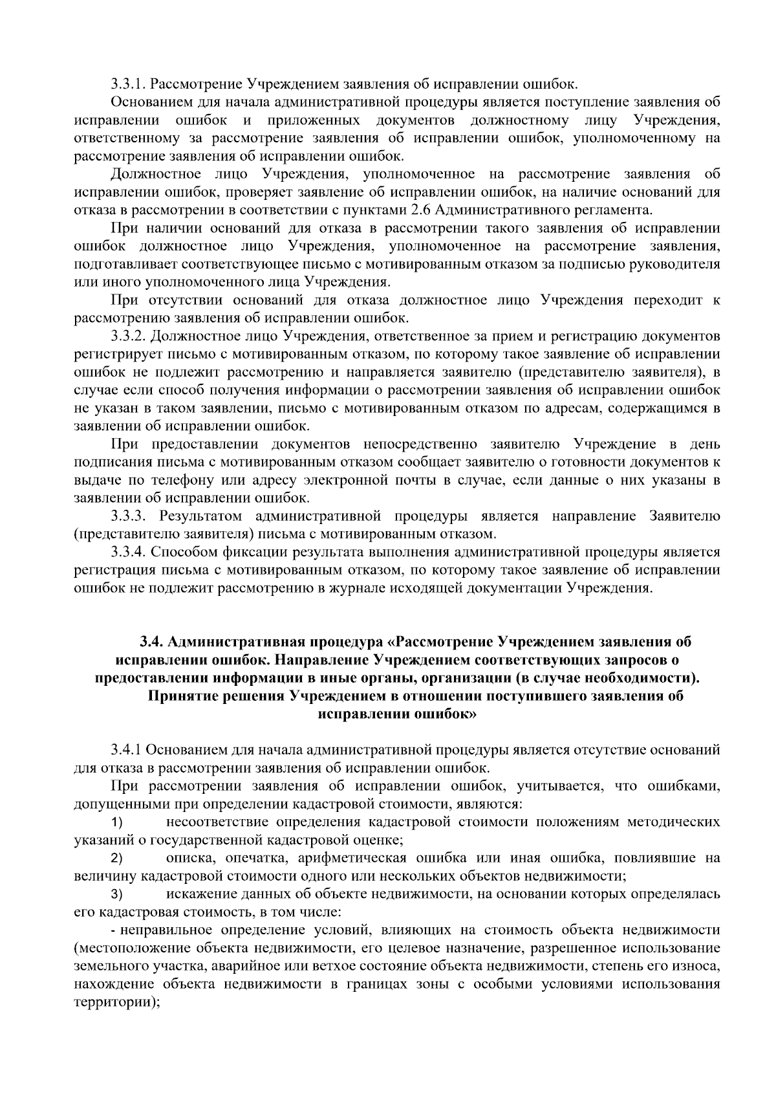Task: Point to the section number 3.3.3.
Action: [130, 516]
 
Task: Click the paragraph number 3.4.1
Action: [125, 750]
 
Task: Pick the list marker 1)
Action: [117, 822]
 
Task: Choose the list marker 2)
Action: [117, 859]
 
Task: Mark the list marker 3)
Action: [117, 895]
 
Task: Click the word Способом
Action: [182, 553]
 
